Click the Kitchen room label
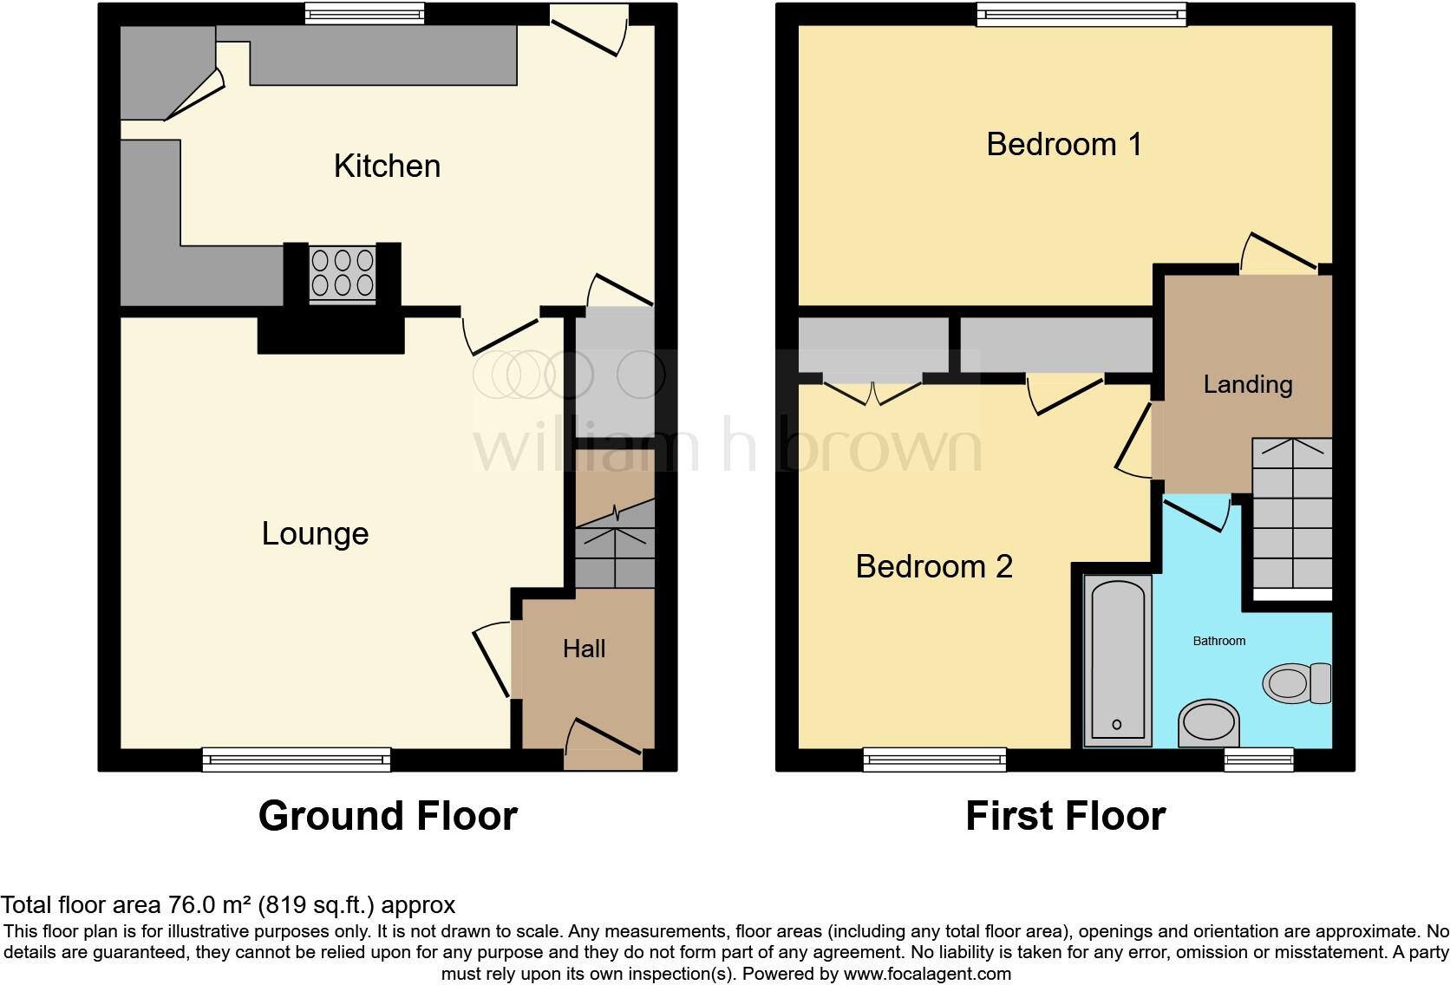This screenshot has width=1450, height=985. pos(387,166)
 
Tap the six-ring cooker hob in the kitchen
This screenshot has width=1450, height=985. pos(343,273)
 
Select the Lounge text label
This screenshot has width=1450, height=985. pos(315,533)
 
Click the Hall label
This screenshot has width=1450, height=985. pos(584,649)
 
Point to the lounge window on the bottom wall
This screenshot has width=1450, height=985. pos(297,760)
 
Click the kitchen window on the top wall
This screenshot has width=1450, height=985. pos(364,13)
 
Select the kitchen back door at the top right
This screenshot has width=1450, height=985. pos(590,26)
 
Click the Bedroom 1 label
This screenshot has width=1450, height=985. pos(1063,144)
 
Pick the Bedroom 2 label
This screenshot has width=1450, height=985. pos(933,566)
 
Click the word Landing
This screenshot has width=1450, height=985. pos(1247,384)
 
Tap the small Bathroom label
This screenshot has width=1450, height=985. pos(1218,641)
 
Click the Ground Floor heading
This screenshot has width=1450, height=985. pos(388,816)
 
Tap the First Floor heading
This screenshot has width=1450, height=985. pos(1065,816)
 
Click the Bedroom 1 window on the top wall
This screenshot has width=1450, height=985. pos(1081,13)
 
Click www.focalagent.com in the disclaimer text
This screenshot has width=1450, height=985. pos(927,974)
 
